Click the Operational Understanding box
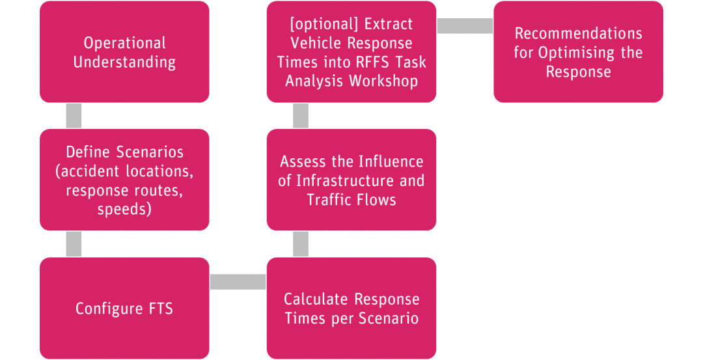[x=124, y=52]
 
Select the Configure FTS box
[x=124, y=308]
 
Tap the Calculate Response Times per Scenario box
[x=351, y=308]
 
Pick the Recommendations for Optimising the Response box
[x=578, y=52]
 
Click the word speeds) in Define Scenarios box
[x=124, y=210]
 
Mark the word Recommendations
[x=578, y=33]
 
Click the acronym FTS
[x=157, y=309]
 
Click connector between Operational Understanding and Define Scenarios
[x=74, y=115]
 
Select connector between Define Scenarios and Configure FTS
[x=74, y=243]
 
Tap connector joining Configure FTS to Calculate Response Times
[x=238, y=281]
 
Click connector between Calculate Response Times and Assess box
[x=301, y=243]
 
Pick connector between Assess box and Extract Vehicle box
[x=301, y=115]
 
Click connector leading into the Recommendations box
[x=465, y=25]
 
